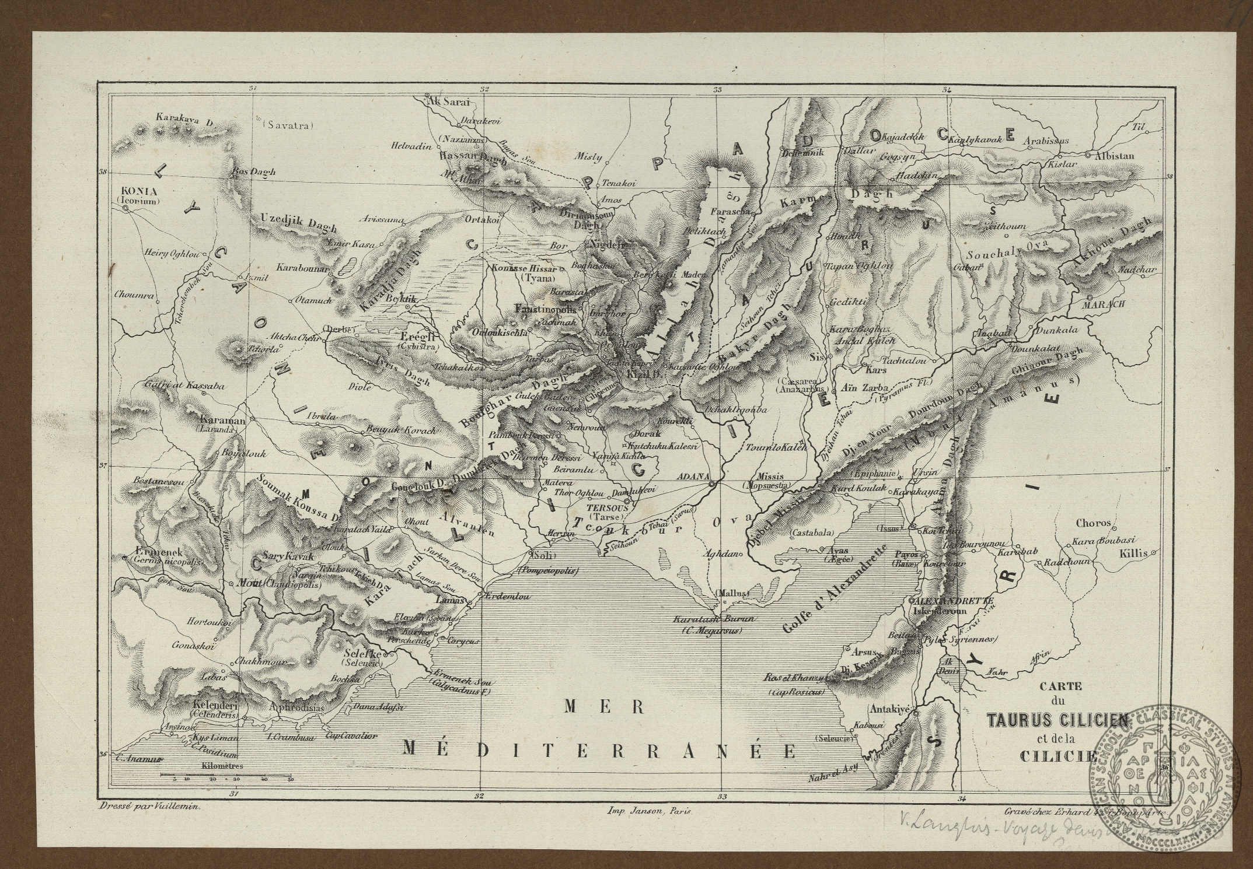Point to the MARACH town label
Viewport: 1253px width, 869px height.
(x=1103, y=304)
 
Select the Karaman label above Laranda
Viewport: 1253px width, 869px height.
(x=217, y=420)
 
